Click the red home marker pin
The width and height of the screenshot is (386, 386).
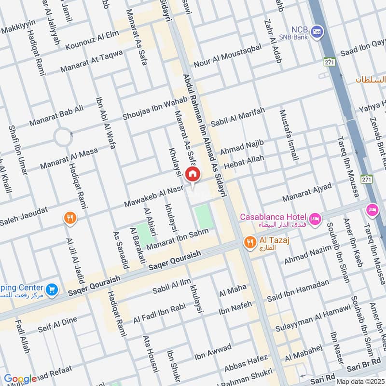[x=193, y=174]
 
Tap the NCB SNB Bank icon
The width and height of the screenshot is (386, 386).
[x=317, y=32]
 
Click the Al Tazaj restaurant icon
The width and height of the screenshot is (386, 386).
[x=249, y=242]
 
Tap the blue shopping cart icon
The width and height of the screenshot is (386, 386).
[x=52, y=289]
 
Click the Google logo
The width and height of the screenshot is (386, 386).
[x=20, y=379]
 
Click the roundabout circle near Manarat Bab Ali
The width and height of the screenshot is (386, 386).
[x=63, y=137]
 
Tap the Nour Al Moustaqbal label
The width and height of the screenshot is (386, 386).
[x=227, y=56]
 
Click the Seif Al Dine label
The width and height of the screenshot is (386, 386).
[x=57, y=324]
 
